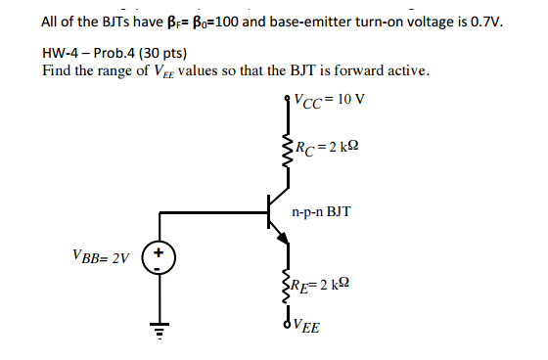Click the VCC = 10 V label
(x=328, y=99)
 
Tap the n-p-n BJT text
(x=322, y=211)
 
